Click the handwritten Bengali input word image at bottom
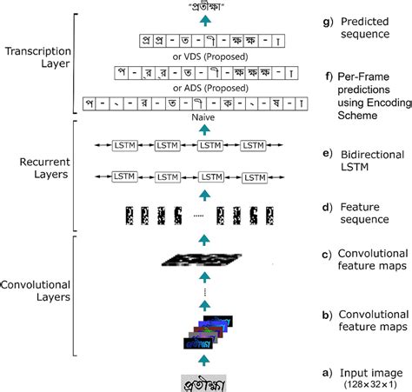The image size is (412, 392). pyautogui.click(x=203, y=379)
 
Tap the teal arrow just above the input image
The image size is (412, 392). pyautogui.click(x=203, y=359)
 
